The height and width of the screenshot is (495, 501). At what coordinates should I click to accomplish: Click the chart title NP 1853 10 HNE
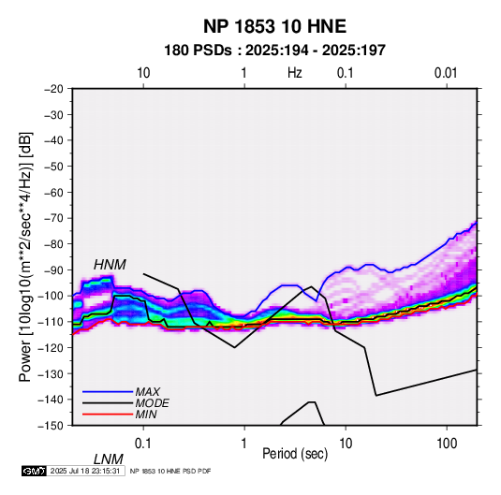(x=274, y=26)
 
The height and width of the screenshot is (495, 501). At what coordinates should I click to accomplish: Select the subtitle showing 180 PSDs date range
(x=274, y=51)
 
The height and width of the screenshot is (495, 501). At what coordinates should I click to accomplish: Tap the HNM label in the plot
(x=110, y=265)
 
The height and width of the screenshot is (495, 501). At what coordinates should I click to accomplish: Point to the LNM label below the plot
(x=109, y=459)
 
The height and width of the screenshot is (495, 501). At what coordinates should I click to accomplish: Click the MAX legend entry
(x=147, y=391)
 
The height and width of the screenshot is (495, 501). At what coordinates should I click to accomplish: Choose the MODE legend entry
(x=152, y=403)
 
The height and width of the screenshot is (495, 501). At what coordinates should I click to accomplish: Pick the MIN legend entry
(x=146, y=415)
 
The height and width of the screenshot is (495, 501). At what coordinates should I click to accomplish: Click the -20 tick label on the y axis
(x=53, y=89)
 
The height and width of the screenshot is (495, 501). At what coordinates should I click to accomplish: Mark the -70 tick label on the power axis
(x=53, y=218)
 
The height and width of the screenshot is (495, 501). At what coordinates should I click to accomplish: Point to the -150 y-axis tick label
(x=51, y=426)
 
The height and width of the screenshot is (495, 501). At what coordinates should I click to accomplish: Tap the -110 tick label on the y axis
(x=51, y=322)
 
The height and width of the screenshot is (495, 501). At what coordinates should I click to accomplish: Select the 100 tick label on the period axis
(x=447, y=444)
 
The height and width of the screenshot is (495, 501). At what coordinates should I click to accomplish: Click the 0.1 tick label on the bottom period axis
(x=143, y=444)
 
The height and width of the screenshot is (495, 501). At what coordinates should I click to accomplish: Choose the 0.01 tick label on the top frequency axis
(x=446, y=73)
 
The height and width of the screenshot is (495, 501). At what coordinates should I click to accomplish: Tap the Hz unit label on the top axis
(x=295, y=73)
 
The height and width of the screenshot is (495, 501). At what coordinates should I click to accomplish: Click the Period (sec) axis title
(x=295, y=454)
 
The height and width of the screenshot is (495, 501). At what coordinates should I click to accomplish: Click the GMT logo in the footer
(x=35, y=471)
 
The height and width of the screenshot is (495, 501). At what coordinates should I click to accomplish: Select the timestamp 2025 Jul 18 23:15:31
(x=85, y=471)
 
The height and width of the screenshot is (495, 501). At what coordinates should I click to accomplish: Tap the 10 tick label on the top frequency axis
(x=143, y=73)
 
